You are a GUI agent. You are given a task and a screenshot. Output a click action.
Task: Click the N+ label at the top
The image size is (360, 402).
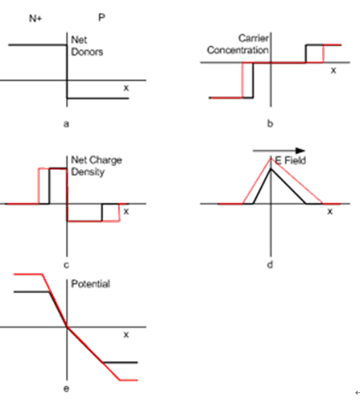pos(35,19)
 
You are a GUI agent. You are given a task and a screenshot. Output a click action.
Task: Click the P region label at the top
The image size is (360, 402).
pos(101,18)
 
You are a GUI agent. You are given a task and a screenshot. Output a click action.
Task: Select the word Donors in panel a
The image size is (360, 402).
pos(87,52)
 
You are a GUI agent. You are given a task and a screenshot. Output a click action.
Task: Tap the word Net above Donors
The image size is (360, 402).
pos(79,40)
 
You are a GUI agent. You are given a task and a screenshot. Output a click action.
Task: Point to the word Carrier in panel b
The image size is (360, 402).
pos(254,38)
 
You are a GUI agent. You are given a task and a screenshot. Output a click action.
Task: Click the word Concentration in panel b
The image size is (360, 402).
pos(238,50)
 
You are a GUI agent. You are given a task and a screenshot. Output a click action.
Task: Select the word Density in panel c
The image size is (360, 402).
pos(88,172)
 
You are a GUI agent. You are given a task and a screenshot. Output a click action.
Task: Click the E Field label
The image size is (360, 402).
pos(291,160)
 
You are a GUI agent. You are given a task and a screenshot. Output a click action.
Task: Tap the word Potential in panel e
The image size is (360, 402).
pos(90,284)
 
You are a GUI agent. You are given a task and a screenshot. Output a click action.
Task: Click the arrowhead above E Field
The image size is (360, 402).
pos(300,151)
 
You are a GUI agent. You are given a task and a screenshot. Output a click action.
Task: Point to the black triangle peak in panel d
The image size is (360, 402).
pos(271,169)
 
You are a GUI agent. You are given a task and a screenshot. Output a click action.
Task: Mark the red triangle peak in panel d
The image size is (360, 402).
pos(271,159)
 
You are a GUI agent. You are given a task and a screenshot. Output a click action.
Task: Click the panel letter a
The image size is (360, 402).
pos(66,124)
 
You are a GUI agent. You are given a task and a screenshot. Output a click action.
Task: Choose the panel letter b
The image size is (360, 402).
pos(270,123)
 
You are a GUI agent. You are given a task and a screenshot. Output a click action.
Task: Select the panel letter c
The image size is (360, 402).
pos(66,265)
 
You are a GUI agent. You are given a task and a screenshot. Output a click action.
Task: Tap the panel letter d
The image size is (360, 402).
pos(270,264)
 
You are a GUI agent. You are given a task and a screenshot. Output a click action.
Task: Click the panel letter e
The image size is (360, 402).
pos(66,388)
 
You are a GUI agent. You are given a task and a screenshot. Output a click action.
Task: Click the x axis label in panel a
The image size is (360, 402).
pos(126,88)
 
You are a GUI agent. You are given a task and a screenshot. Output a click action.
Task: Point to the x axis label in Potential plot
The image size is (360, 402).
pos(126,334)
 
